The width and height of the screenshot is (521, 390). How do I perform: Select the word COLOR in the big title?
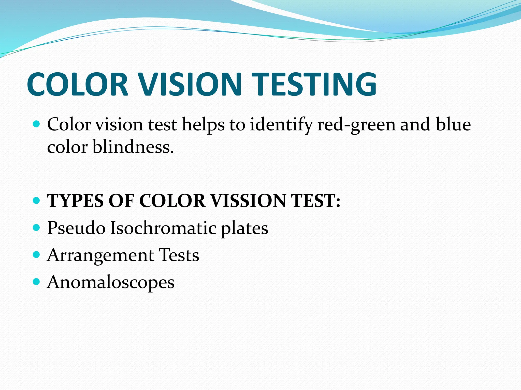78,84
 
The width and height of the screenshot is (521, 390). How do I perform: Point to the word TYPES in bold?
76,201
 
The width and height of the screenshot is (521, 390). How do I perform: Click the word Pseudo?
76,228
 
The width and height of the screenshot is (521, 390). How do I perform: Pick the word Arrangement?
100,255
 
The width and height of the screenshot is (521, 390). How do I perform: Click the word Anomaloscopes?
111,282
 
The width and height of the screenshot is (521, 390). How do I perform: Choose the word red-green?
356,125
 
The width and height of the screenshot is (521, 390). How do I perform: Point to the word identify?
281,125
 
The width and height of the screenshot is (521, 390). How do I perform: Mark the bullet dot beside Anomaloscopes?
37,281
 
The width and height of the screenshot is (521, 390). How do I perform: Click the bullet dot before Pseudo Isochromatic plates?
37,227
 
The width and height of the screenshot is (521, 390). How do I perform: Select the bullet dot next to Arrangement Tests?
37,254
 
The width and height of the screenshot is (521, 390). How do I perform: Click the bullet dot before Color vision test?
37,124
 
